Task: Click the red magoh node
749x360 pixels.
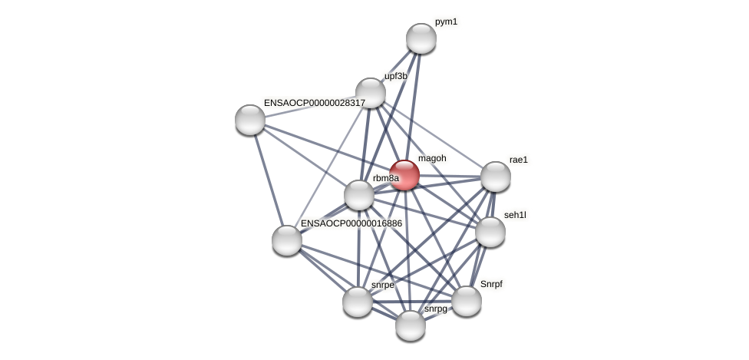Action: pyautogui.click(x=404, y=175)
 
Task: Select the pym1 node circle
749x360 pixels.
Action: pyautogui.click(x=421, y=38)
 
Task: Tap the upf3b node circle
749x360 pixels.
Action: pyautogui.click(x=370, y=93)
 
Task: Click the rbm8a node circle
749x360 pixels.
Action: pyautogui.click(x=358, y=195)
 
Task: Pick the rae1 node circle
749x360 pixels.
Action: pyautogui.click(x=495, y=177)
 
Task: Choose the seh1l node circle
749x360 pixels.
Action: pyautogui.click(x=490, y=232)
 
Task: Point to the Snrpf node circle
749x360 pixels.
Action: pyautogui.click(x=466, y=301)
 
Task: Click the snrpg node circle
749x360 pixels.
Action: pyautogui.click(x=411, y=325)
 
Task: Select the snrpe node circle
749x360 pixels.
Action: pyautogui.click(x=357, y=302)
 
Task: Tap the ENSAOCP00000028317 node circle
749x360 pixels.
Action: pyautogui.click(x=250, y=120)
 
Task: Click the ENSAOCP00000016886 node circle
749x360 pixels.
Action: pyautogui.click(x=287, y=240)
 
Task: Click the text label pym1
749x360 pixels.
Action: pyautogui.click(x=446, y=21)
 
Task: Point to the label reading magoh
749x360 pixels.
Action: pyautogui.click(x=432, y=158)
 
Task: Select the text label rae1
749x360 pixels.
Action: pyautogui.click(x=519, y=160)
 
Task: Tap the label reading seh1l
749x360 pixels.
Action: pyautogui.click(x=515, y=215)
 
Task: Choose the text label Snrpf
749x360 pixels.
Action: pyautogui.click(x=491, y=284)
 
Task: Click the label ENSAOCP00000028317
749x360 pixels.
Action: pyautogui.click(x=315, y=103)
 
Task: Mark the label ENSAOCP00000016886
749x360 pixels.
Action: pyautogui.click(x=351, y=223)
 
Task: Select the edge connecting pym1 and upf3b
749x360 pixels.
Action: pyautogui.click(x=396, y=65)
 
